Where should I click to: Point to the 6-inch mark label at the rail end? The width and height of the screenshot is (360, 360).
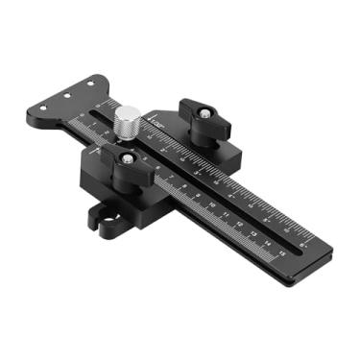click(303, 244)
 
